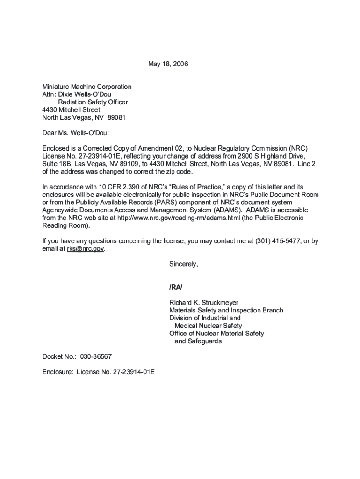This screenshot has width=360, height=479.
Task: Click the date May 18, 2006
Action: (168, 64)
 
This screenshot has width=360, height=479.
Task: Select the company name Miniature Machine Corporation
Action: (86, 87)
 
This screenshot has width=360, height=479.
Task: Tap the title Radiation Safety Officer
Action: (93, 102)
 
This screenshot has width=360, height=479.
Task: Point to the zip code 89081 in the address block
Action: (116, 117)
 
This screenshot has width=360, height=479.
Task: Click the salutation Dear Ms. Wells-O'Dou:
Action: (75, 133)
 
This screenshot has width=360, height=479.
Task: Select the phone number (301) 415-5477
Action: (277, 241)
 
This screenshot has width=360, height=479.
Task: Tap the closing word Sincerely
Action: (183, 264)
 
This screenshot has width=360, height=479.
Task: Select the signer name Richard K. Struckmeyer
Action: (203, 303)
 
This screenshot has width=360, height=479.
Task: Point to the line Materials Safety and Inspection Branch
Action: (226, 310)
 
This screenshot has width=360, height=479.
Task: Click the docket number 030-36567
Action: (96, 356)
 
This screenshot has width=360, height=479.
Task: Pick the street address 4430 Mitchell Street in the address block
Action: (71, 110)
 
